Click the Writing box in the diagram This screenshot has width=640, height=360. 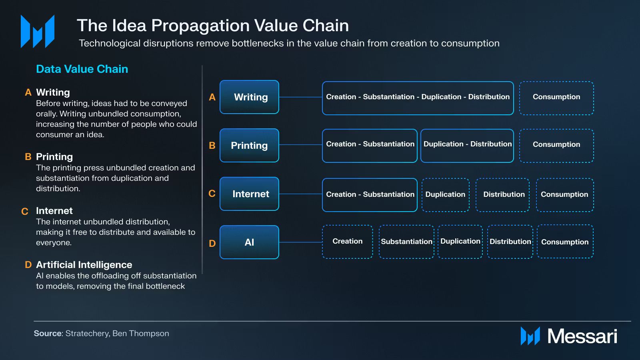(x=249, y=97)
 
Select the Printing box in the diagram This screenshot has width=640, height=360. (x=249, y=146)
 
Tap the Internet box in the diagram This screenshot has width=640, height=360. (x=249, y=194)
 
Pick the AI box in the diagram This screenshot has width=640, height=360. (x=249, y=242)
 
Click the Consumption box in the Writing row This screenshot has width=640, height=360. (x=556, y=98)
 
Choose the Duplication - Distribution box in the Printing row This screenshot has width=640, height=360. (x=467, y=146)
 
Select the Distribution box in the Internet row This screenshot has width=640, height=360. (x=502, y=195)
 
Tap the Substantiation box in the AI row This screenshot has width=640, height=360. (x=406, y=242)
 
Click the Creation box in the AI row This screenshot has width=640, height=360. (x=347, y=242)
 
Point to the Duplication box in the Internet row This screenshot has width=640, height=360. (x=445, y=195)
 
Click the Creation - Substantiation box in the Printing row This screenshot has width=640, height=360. (x=370, y=146)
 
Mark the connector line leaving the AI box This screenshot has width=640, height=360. (x=300, y=242)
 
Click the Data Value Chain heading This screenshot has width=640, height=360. (x=82, y=69)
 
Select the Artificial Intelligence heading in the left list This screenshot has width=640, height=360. (x=84, y=265)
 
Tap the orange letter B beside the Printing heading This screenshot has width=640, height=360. (x=28, y=157)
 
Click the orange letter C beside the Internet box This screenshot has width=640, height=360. (x=212, y=194)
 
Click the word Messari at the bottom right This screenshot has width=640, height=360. (x=582, y=336)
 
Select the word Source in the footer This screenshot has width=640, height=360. (x=48, y=334)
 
